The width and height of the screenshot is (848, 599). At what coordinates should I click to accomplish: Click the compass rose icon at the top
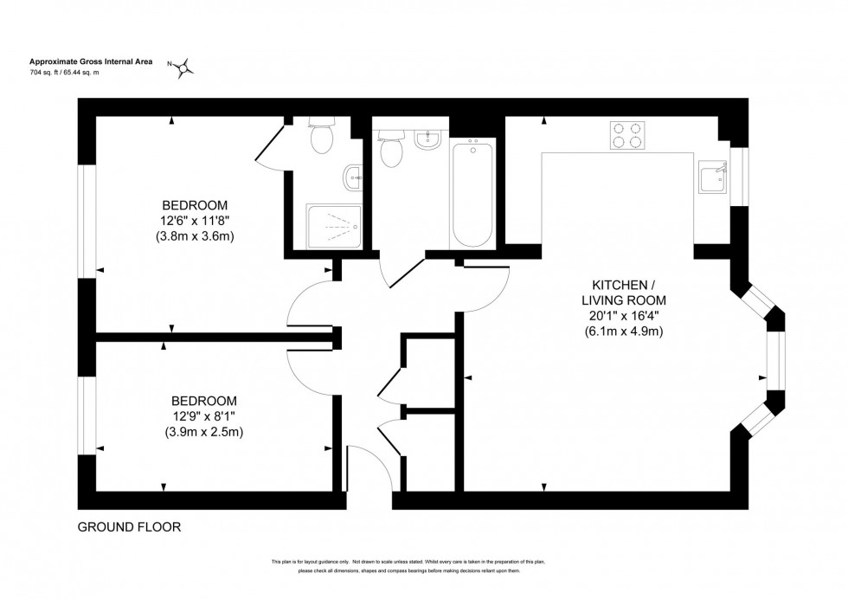pyautogui.click(x=183, y=68)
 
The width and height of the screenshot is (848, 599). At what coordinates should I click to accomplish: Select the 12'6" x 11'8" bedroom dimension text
pyautogui.click(x=195, y=221)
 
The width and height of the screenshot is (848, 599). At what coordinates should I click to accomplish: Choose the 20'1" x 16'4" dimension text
pyautogui.click(x=627, y=316)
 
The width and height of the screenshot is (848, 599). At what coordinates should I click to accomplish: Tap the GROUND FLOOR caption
pyautogui.click(x=129, y=526)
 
